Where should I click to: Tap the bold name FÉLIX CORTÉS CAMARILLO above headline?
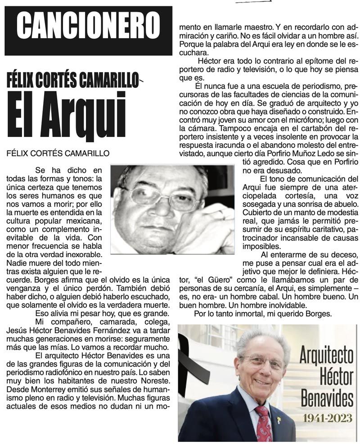click(72, 81)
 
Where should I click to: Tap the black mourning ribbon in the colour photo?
click(191, 369)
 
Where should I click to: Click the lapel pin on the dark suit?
click(279, 421)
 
